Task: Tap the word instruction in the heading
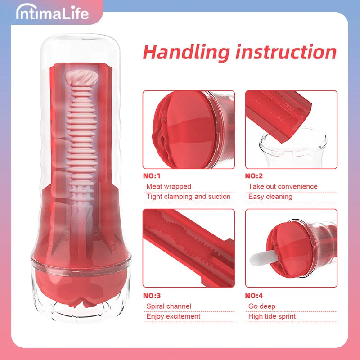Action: tap(286, 52)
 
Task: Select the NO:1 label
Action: tap(152, 176)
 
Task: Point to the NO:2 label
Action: tap(254, 176)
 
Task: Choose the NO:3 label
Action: tap(152, 296)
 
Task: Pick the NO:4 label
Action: tap(254, 296)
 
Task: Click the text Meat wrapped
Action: tap(169, 186)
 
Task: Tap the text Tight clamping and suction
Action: tap(189, 197)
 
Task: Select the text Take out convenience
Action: tap(283, 186)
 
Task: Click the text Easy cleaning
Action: tap(270, 197)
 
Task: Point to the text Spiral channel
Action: tap(169, 306)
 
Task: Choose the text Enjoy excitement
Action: tap(173, 316)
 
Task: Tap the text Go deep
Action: tap(262, 306)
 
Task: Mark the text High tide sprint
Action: tap(272, 316)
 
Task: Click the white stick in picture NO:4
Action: tap(263, 257)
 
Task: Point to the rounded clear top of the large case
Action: tap(81, 46)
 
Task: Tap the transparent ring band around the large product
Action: tap(81, 265)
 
